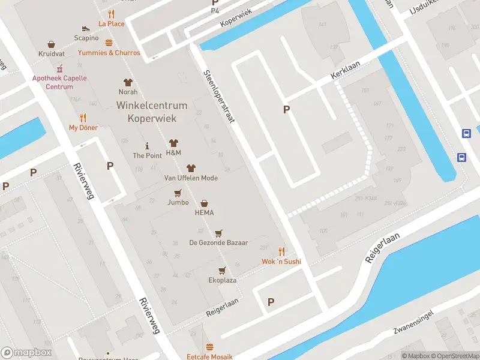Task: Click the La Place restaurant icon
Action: (111, 14)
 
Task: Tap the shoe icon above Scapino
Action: (86, 28)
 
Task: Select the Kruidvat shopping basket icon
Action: (52, 44)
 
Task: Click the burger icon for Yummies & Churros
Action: (109, 43)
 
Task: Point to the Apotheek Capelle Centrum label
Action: (59, 83)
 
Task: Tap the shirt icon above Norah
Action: (128, 82)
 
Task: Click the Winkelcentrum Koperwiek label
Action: (152, 112)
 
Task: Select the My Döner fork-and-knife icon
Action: (83, 118)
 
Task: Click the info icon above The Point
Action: (147, 146)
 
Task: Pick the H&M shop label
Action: (173, 153)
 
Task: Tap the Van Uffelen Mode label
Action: (191, 178)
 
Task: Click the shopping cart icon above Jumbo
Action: (178, 193)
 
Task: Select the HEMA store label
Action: (204, 212)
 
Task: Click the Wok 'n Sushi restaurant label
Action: (281, 262)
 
